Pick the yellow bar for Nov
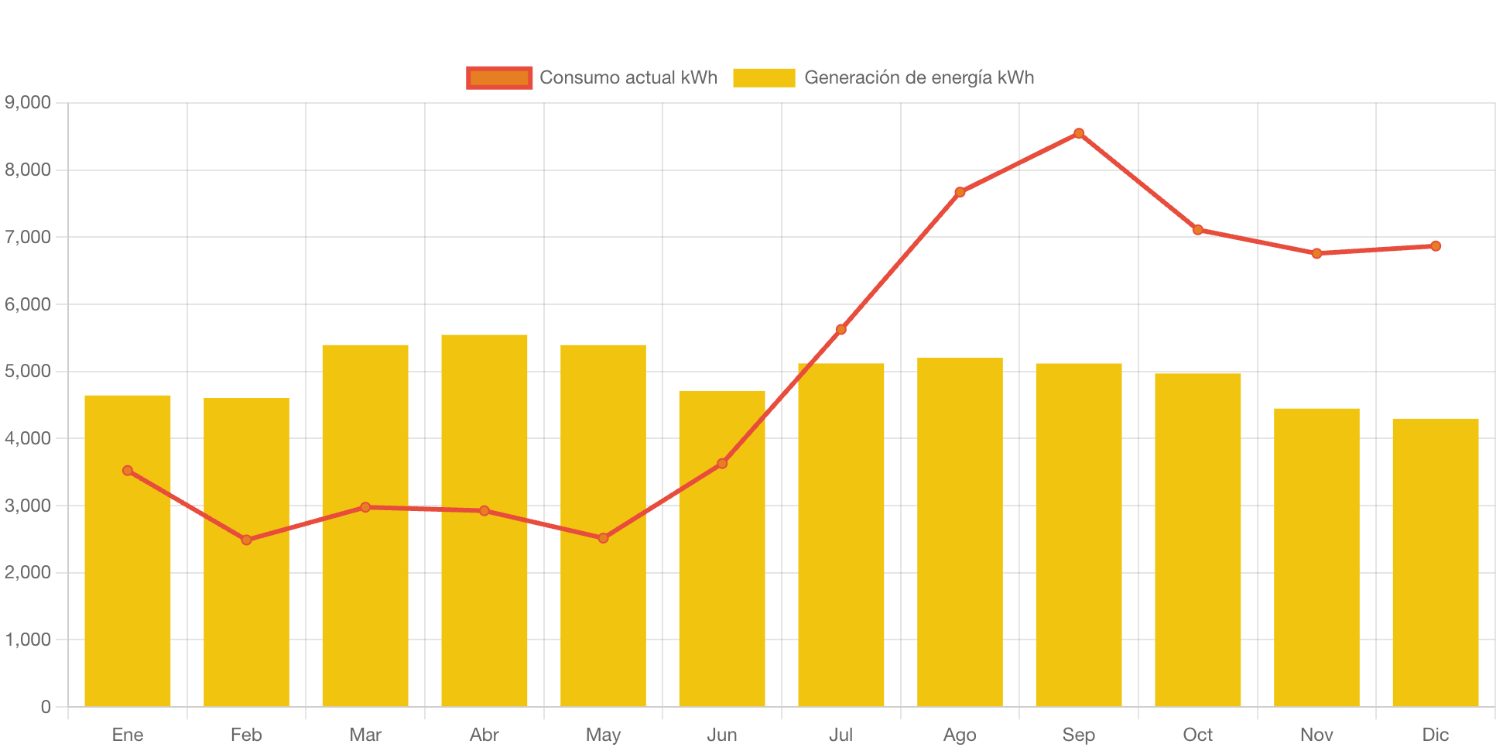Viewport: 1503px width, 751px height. click(x=1316, y=557)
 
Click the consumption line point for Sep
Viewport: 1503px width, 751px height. click(x=1079, y=133)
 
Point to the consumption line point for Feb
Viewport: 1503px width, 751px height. click(x=246, y=540)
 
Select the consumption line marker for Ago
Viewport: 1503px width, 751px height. click(x=960, y=192)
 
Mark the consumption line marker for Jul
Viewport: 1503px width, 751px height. click(x=841, y=330)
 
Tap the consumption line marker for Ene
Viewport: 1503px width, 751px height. click(x=128, y=471)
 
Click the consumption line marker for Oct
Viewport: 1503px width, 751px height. click(x=1198, y=230)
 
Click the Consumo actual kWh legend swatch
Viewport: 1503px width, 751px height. click(x=499, y=77)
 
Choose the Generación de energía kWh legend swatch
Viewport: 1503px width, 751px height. click(x=764, y=77)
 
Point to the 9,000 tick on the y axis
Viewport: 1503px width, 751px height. click(x=28, y=102)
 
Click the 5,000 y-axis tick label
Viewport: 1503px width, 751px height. click(x=28, y=371)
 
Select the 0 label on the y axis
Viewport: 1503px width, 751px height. click(x=46, y=706)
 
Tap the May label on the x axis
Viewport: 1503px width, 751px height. click(x=603, y=735)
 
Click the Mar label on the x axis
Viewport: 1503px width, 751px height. click(x=365, y=735)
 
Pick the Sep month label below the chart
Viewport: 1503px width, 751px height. click(x=1079, y=735)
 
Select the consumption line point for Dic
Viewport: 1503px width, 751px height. click(x=1436, y=246)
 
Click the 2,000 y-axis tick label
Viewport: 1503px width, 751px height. click(x=28, y=572)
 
